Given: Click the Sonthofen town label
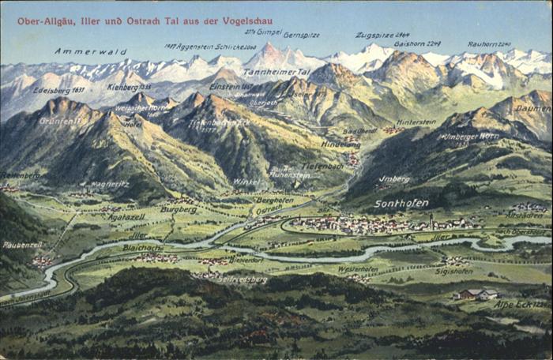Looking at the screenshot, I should click(401, 203).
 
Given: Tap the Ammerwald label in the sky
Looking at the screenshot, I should click(80, 51).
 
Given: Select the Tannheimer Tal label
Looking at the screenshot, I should click(276, 72).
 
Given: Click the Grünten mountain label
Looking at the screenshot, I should click(60, 122).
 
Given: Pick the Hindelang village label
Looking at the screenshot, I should click(340, 144).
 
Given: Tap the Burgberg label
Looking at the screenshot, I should click(179, 209).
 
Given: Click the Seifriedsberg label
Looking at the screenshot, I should click(243, 279).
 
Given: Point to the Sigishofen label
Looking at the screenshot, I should click(453, 271).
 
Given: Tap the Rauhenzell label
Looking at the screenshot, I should click(22, 246).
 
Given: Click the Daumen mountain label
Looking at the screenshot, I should click(532, 108).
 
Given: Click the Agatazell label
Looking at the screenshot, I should click(126, 216).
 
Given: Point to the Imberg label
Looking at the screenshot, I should click(394, 179).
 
